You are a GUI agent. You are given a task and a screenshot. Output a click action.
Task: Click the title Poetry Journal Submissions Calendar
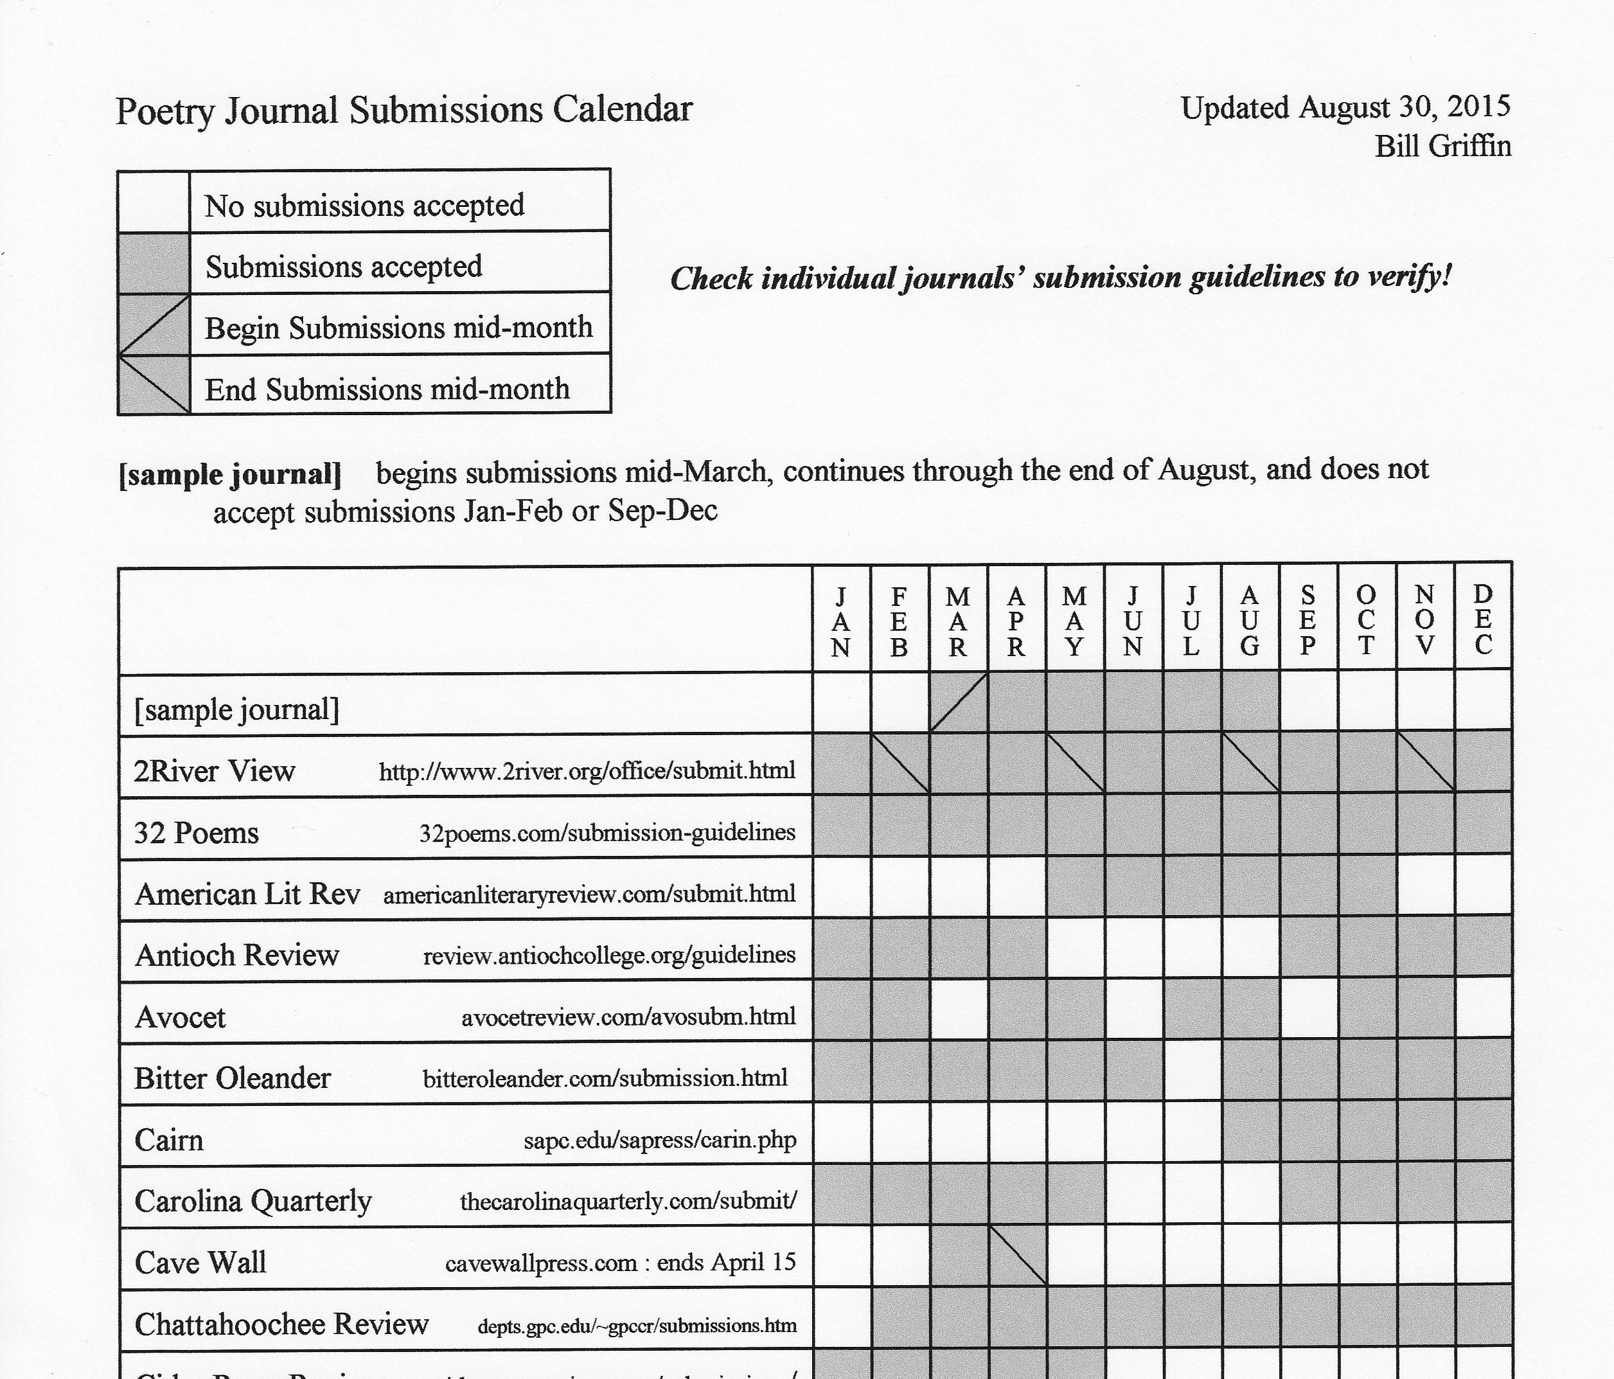point(404,110)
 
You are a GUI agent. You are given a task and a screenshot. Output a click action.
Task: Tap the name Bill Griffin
point(1442,147)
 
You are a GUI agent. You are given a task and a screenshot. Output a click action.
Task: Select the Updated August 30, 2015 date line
point(1345,107)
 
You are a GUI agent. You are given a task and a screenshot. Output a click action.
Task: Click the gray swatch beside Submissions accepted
point(154,263)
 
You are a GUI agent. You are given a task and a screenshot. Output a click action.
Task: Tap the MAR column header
point(957,621)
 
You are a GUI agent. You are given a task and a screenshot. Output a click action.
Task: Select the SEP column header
point(1308,621)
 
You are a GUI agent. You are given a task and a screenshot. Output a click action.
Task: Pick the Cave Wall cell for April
point(1016,1257)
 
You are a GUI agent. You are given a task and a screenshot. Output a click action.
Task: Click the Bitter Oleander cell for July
point(1192,1072)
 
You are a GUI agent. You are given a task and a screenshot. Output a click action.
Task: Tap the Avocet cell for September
point(1309,1011)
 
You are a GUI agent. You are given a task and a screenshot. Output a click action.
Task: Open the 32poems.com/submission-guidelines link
point(607,833)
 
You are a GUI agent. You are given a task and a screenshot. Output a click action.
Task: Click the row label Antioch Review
point(237,955)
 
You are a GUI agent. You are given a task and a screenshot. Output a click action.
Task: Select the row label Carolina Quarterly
point(253,1200)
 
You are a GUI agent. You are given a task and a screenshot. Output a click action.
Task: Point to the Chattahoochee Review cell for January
point(841,1318)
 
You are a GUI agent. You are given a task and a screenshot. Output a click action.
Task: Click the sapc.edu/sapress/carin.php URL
point(660,1141)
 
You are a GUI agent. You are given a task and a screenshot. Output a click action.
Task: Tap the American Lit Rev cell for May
point(1075,887)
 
